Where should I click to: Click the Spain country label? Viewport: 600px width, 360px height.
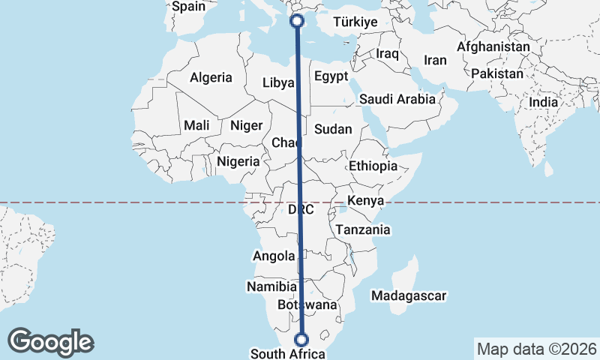pyautogui.click(x=188, y=7)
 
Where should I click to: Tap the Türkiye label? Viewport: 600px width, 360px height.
pyautogui.click(x=354, y=22)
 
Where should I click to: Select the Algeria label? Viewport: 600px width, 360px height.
pyautogui.click(x=211, y=77)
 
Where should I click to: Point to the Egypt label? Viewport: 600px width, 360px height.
pyautogui.click(x=331, y=76)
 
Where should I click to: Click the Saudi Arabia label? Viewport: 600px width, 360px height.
pyautogui.click(x=397, y=99)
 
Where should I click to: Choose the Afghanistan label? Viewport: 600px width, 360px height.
pyautogui.click(x=493, y=46)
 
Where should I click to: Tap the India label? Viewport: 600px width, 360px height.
pyautogui.click(x=543, y=102)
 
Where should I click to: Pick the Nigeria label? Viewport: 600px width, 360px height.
pyautogui.click(x=238, y=161)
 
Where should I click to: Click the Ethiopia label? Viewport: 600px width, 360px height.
pyautogui.click(x=373, y=166)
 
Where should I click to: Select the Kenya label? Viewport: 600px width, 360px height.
pyautogui.click(x=365, y=201)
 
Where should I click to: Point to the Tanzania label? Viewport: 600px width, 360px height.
pyautogui.click(x=363, y=230)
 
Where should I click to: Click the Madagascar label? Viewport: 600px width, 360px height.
pyautogui.click(x=409, y=295)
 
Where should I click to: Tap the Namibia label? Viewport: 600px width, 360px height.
pyautogui.click(x=271, y=286)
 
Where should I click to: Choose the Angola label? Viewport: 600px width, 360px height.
pyautogui.click(x=274, y=256)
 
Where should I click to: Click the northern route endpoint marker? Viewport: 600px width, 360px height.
pyautogui.click(x=296, y=21)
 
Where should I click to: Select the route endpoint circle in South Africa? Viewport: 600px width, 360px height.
pyautogui.click(x=301, y=339)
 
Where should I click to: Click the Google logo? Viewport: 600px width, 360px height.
pyautogui.click(x=50, y=342)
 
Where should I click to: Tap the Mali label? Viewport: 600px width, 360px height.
pyautogui.click(x=196, y=125)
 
